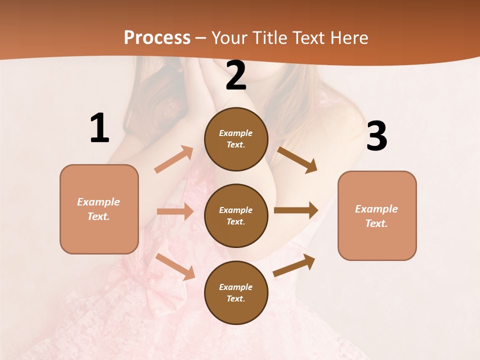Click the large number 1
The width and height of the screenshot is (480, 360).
point(99,128)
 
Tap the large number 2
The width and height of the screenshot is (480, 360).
point(236,75)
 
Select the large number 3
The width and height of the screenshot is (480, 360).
point(376,136)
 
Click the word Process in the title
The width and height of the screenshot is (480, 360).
point(157,37)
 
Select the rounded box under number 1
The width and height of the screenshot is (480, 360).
point(99,209)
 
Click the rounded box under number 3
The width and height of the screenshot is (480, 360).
point(377,215)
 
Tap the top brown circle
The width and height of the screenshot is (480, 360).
point(236,139)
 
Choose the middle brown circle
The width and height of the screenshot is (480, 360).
point(236,215)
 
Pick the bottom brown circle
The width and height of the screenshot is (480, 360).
point(236,292)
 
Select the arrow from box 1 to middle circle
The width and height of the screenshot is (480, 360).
point(175,211)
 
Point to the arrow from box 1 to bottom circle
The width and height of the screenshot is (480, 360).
point(175,266)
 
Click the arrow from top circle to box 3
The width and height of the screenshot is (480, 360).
point(297,159)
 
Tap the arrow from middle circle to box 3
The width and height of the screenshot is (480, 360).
point(296,210)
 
